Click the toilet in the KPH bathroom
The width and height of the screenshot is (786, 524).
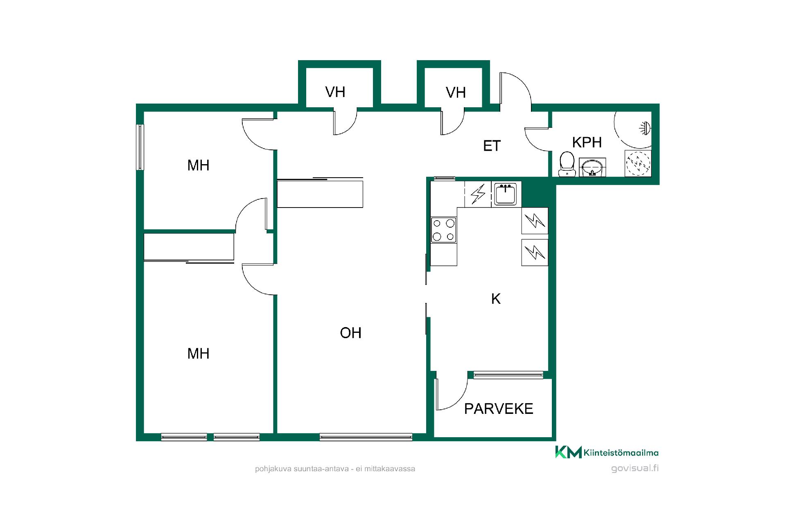click(x=567, y=164)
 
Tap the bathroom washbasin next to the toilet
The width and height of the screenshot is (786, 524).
click(x=592, y=167)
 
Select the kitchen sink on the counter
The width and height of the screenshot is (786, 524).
click(x=506, y=194)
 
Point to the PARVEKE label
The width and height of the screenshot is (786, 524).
click(x=499, y=409)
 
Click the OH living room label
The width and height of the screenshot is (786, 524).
click(x=350, y=333)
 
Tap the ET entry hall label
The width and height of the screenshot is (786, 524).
click(x=492, y=146)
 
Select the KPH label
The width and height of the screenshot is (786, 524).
click(x=587, y=142)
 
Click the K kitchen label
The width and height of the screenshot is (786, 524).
click(x=496, y=299)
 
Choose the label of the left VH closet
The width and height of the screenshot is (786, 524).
click(x=335, y=92)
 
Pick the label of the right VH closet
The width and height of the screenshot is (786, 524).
click(x=456, y=93)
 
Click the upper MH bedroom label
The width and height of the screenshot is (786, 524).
click(x=198, y=165)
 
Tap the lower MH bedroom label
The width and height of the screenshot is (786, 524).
click(x=198, y=353)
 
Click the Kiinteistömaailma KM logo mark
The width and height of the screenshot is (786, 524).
click(x=568, y=452)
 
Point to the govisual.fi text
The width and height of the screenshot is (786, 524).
click(x=635, y=468)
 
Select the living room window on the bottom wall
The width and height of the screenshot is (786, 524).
click(x=366, y=437)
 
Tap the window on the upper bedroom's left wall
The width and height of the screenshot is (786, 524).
click(x=140, y=147)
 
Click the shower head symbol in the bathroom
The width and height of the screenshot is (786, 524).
click(x=644, y=127)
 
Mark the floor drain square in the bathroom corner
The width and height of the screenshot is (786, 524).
click(x=638, y=163)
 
